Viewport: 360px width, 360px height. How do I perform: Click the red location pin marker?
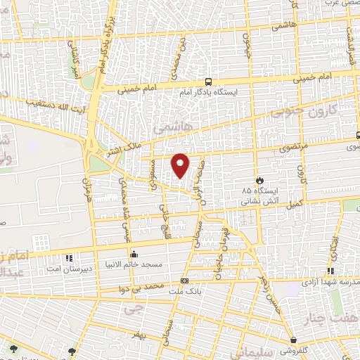coord(181,165)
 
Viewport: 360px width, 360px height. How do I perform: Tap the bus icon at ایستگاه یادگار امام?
coord(208,82)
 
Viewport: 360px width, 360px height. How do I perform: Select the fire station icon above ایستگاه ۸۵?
coord(259,180)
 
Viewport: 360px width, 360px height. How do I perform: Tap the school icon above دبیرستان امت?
coord(68,258)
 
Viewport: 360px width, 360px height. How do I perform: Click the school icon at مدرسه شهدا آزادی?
coord(330,271)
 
